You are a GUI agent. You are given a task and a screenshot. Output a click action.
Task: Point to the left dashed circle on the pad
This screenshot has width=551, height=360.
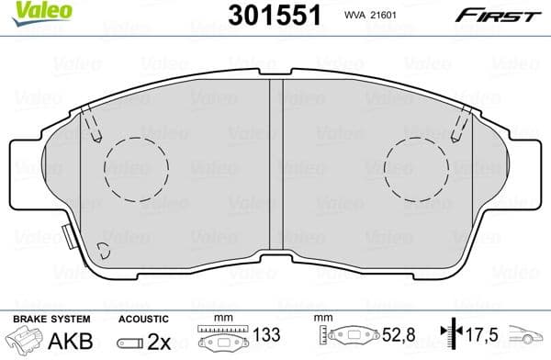tap(137, 169)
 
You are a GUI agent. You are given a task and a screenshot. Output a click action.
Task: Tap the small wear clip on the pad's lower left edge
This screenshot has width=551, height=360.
tap(67, 238)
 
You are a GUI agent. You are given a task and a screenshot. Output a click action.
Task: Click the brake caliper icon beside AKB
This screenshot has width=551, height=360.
tap(27, 340)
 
